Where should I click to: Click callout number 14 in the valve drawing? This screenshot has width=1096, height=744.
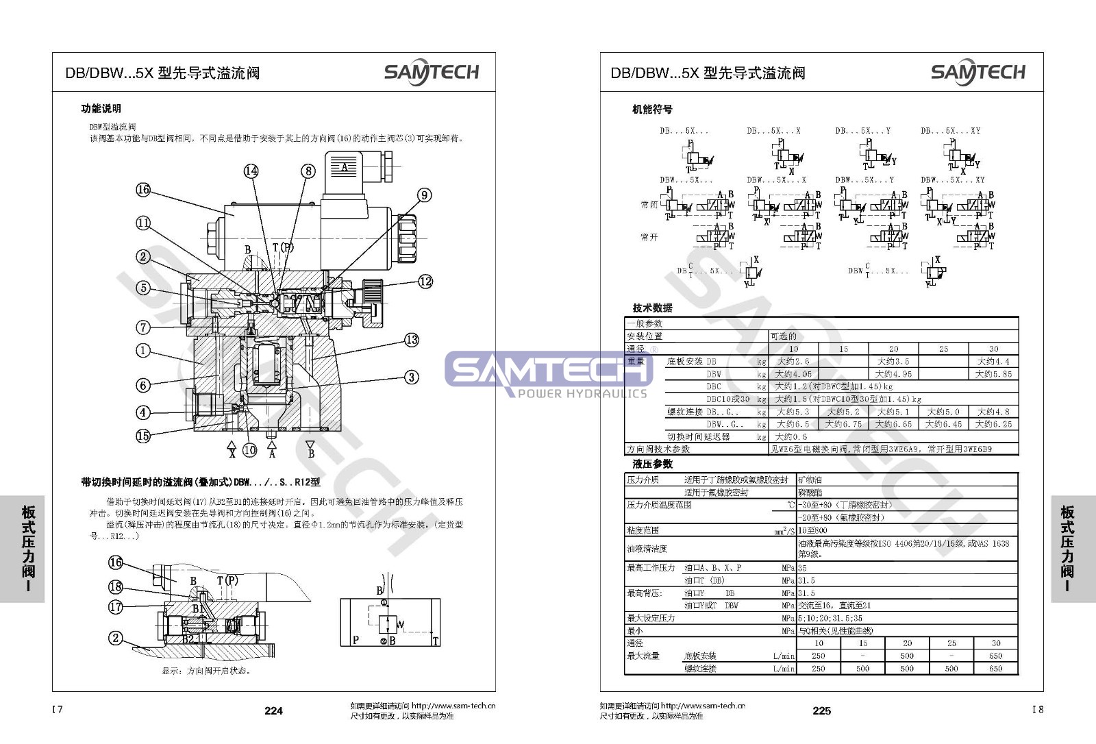pos(251,171)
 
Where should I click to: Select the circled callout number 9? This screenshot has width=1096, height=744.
pos(425,195)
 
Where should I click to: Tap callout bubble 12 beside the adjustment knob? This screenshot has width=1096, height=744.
pos(425,281)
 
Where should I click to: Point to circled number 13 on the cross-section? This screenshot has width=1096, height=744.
pos(411,340)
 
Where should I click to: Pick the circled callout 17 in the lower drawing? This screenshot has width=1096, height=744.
pos(116,606)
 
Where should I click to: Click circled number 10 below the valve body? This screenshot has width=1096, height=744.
pos(250,450)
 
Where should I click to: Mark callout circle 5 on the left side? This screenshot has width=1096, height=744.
pos(142,288)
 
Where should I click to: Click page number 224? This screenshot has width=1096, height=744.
pos(273,710)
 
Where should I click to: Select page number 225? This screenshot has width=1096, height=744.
pos(821,710)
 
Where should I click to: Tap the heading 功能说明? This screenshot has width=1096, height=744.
pos(101,108)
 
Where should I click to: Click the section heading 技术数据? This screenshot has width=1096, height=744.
pos(652,308)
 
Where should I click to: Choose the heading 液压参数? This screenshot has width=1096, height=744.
pos(652,464)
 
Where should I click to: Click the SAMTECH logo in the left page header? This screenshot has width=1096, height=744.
pos(431,73)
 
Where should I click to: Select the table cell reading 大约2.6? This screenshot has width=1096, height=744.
pos(793,361)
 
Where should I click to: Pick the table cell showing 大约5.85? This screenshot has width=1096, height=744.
pos(993,374)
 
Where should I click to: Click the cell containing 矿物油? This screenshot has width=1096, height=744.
pos(810,480)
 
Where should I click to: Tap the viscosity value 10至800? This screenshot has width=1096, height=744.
pos(812,530)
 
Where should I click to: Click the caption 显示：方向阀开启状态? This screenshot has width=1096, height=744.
pos(206,671)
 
